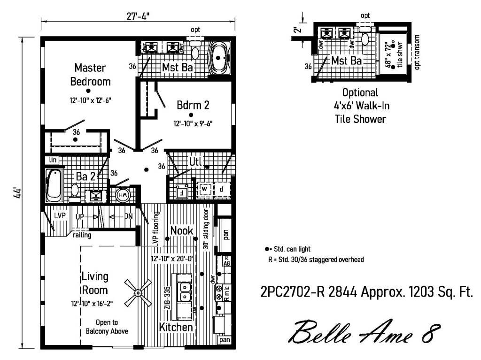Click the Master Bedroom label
pos(90,75)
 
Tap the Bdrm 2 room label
pos(193,105)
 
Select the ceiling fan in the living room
pos(138,293)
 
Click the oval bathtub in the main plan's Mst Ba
pos(219,59)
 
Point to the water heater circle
pos(122,195)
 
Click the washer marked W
pos(204,189)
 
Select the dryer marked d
pos(221,189)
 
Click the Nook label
pos(181,230)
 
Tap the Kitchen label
pos(176,327)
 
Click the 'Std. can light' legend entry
pos(288,249)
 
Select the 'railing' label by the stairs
pos(82,236)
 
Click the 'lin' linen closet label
pos(52,160)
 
